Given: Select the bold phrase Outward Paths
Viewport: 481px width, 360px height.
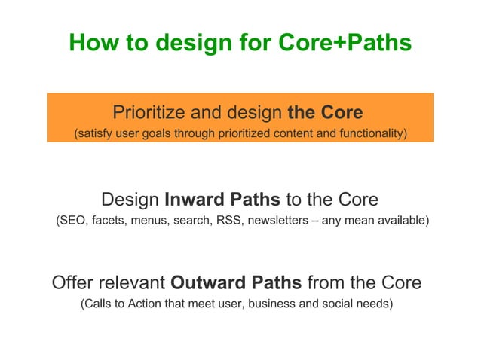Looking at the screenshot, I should click(237, 283).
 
